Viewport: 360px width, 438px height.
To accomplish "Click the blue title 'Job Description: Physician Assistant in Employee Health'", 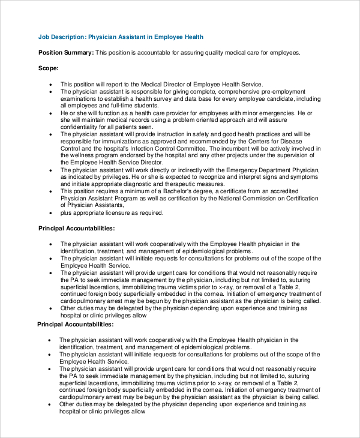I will pyautogui.click(x=121, y=37).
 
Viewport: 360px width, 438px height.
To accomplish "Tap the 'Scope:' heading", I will pyautogui.click(x=49, y=68).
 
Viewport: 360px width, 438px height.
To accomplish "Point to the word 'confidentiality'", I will pyautogui.click(x=81, y=127).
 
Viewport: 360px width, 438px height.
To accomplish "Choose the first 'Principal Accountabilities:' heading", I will pyautogui.click(x=76, y=229).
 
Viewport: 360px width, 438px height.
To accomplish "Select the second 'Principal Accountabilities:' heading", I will pyautogui.click(x=75, y=324).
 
